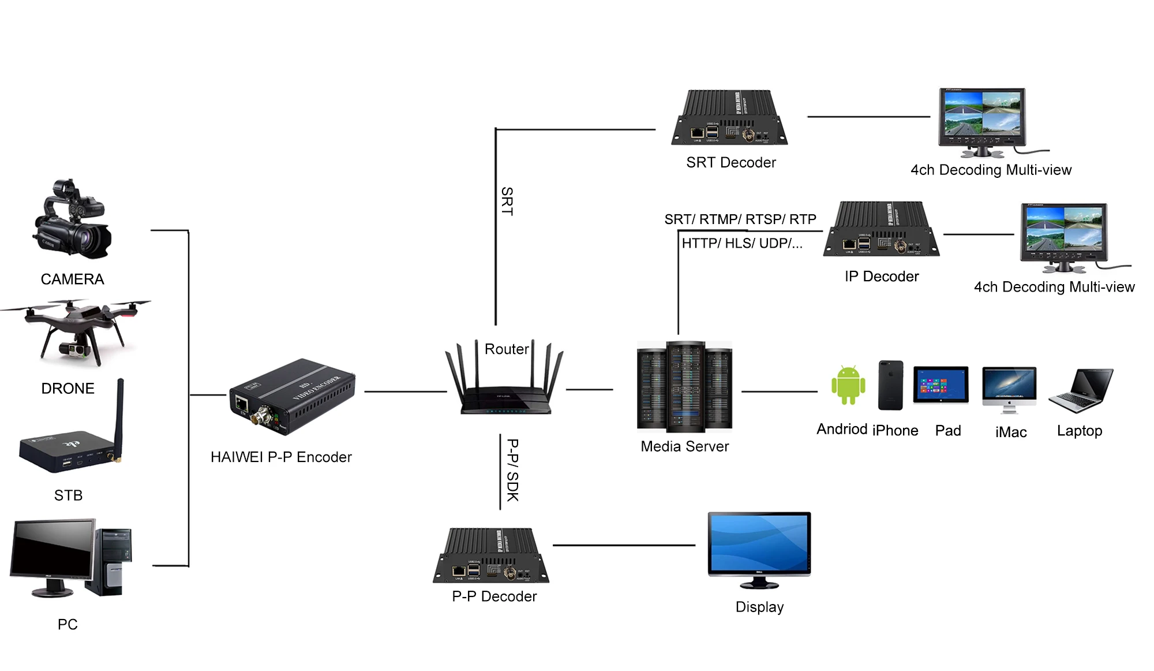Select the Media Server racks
685,386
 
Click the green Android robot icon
848,385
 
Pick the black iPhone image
890,385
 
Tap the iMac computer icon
1009,389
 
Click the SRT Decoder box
729,118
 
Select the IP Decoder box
882,229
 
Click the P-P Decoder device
492,556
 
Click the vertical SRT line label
507,201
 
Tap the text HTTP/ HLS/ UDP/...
742,244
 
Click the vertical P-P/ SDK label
512,470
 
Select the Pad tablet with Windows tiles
941,385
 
